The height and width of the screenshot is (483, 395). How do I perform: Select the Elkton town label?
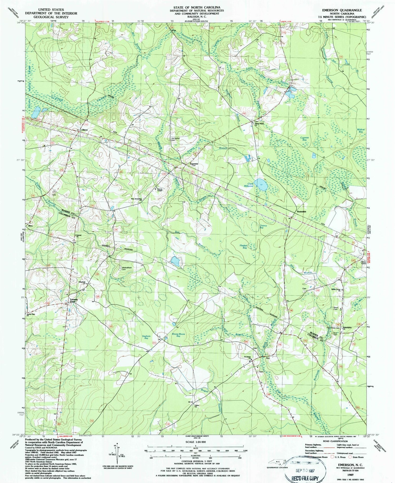tap(85, 130)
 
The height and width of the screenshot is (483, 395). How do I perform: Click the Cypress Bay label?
tap(304, 139)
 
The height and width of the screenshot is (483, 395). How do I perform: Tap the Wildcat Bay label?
tap(361, 130)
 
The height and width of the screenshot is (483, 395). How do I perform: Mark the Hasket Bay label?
tap(243, 247)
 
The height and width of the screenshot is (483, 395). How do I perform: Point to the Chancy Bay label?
tap(263, 227)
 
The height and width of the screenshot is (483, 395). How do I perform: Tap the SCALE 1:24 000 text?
tap(196, 442)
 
